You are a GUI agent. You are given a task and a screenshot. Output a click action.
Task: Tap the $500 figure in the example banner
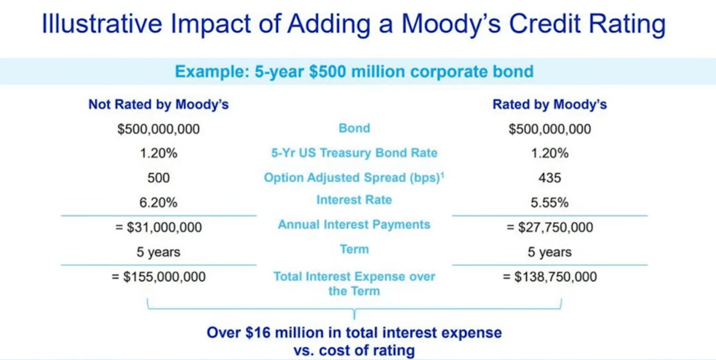pos(328,71)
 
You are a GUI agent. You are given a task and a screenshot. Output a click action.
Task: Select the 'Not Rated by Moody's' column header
pos(158,105)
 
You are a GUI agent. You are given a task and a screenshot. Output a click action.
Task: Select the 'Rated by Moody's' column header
pos(550,105)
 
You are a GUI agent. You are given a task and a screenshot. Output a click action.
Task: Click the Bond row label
pos(354,128)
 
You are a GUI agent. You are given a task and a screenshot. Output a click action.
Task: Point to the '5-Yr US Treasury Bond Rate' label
pos(354,152)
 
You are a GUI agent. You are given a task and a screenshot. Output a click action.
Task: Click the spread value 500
pos(158,178)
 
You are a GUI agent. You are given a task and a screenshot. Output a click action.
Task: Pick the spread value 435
pos(550,178)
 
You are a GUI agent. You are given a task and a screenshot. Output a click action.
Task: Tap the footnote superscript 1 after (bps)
pos(443,174)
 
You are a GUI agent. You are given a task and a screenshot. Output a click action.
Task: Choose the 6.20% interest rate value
pos(158,203)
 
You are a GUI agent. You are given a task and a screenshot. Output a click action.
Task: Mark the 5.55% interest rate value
pos(550,203)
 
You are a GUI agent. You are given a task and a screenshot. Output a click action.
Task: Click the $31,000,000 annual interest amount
pos(164,227)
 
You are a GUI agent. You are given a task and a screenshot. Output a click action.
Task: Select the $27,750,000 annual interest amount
pos(555,227)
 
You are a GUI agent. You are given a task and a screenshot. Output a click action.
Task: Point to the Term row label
pos(354,249)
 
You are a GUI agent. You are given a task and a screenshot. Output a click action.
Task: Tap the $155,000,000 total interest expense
pos(164,277)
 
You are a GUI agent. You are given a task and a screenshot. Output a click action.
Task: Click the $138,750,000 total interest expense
pos(555,277)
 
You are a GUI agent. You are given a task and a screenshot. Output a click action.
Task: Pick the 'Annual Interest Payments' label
pos(354,224)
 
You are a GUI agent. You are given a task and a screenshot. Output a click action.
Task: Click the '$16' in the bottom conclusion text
pos(258,333)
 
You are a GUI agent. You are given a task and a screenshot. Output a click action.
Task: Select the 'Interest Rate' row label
pos(354,200)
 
